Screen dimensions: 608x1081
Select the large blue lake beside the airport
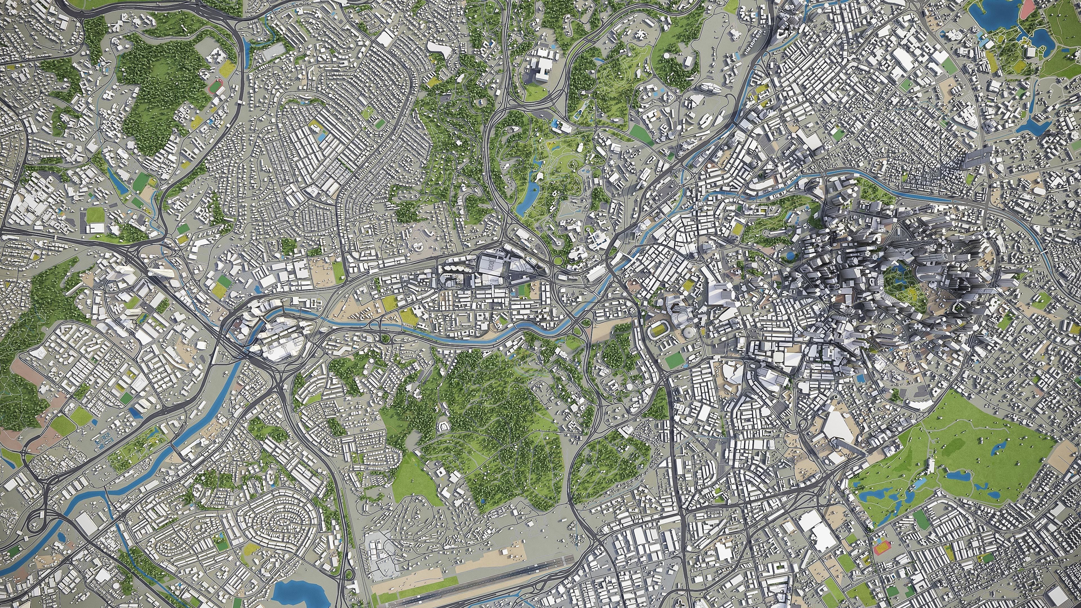coord(294,592)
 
